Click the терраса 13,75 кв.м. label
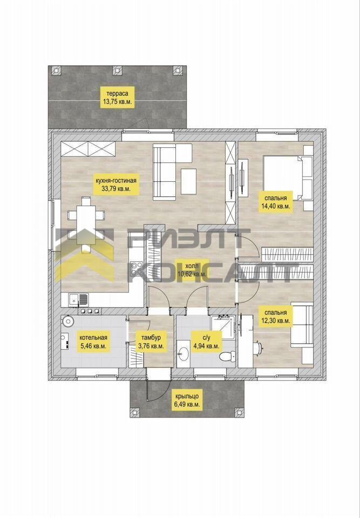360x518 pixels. coord(117,96)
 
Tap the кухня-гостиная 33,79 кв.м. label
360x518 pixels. coord(116,185)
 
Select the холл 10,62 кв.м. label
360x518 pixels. coord(192,269)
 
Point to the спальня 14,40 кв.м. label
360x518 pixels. coord(275,202)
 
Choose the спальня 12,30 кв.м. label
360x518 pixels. coord(275,316)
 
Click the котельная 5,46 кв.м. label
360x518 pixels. coord(93,342)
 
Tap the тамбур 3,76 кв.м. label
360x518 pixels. coord(151,342)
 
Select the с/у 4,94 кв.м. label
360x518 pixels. coord(206,342)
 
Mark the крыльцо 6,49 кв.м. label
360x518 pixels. coord(187,400)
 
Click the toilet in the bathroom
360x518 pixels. coord(227,357)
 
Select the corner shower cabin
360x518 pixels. coord(222,327)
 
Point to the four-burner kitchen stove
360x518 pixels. coord(136,268)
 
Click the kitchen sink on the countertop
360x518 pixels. coord(78,299)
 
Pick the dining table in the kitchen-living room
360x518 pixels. coord(86,224)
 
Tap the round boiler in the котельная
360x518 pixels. coord(69,321)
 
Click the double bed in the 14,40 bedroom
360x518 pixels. coord(288,178)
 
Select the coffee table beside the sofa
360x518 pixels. coord(188,181)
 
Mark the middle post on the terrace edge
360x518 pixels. coord(117,70)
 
